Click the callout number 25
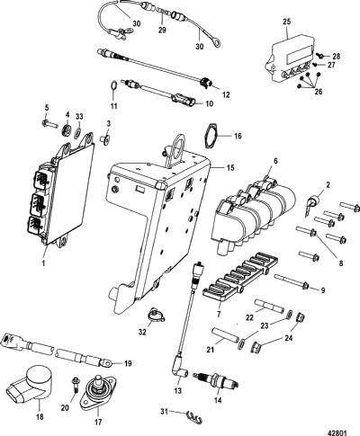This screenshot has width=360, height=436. coord(286,22)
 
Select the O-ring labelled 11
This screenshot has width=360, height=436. coord(113,85)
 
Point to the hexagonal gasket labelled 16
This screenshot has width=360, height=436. coord(211,135)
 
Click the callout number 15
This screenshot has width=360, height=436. coord(230,167)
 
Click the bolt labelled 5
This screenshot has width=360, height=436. coord(49,123)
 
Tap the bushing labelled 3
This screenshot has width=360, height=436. coord(104,139)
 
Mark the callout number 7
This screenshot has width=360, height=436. coord(219,314)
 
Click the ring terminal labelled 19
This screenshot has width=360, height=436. coord(108,364)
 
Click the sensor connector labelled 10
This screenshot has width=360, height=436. coord(184,101)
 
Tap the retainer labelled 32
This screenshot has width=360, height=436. coord(157,316)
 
